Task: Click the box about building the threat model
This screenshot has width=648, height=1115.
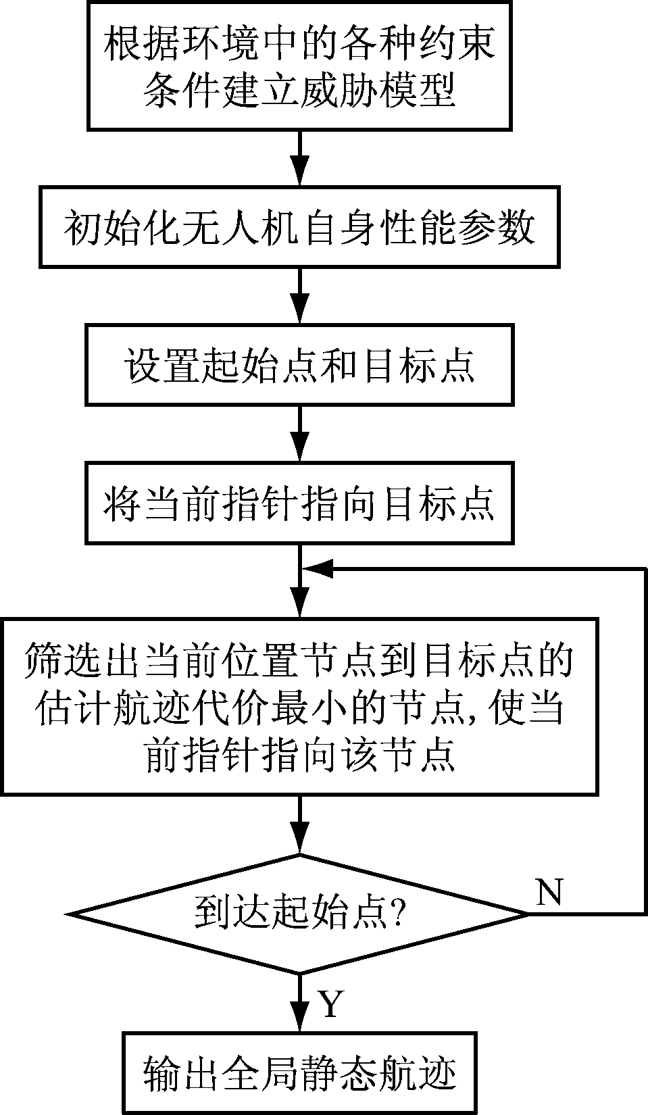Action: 299,66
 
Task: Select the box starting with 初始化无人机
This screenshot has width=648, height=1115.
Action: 299,228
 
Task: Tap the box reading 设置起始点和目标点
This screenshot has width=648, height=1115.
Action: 299,365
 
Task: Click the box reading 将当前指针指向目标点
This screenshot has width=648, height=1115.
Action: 299,503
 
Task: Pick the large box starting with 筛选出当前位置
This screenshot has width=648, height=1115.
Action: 299,705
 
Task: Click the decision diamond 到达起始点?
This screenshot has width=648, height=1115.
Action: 299,914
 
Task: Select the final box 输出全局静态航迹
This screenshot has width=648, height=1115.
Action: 299,1072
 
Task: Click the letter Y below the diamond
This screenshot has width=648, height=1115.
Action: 330,1005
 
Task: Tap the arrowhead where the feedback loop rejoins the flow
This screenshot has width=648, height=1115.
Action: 316,570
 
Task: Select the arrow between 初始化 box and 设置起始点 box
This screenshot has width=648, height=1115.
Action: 299,296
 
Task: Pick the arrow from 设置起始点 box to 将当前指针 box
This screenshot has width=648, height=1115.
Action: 299,433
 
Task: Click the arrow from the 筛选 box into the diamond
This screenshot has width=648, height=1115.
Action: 299,824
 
